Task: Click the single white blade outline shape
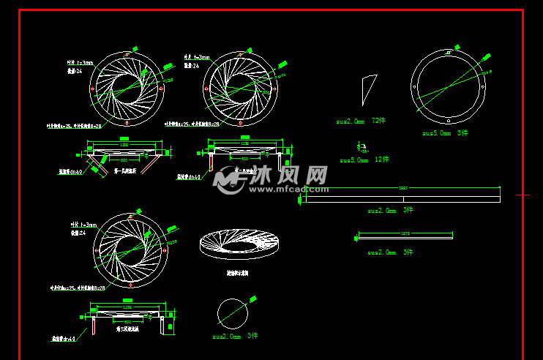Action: coord(367,89)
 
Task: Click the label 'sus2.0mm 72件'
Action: coord(361,121)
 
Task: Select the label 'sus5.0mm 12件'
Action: coord(364,159)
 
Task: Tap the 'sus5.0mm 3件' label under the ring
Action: coord(445,133)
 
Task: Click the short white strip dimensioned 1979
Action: coord(405,236)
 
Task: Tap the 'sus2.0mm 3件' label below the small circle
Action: coord(235,336)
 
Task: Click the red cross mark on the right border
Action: coord(523,195)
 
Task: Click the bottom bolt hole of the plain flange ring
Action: coord(449,119)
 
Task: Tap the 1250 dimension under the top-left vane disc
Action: coord(124,145)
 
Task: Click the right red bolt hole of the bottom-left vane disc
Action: coord(165,250)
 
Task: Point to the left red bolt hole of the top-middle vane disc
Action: coord(206,89)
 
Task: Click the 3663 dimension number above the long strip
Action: coord(402,189)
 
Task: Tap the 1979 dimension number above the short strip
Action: coord(405,232)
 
